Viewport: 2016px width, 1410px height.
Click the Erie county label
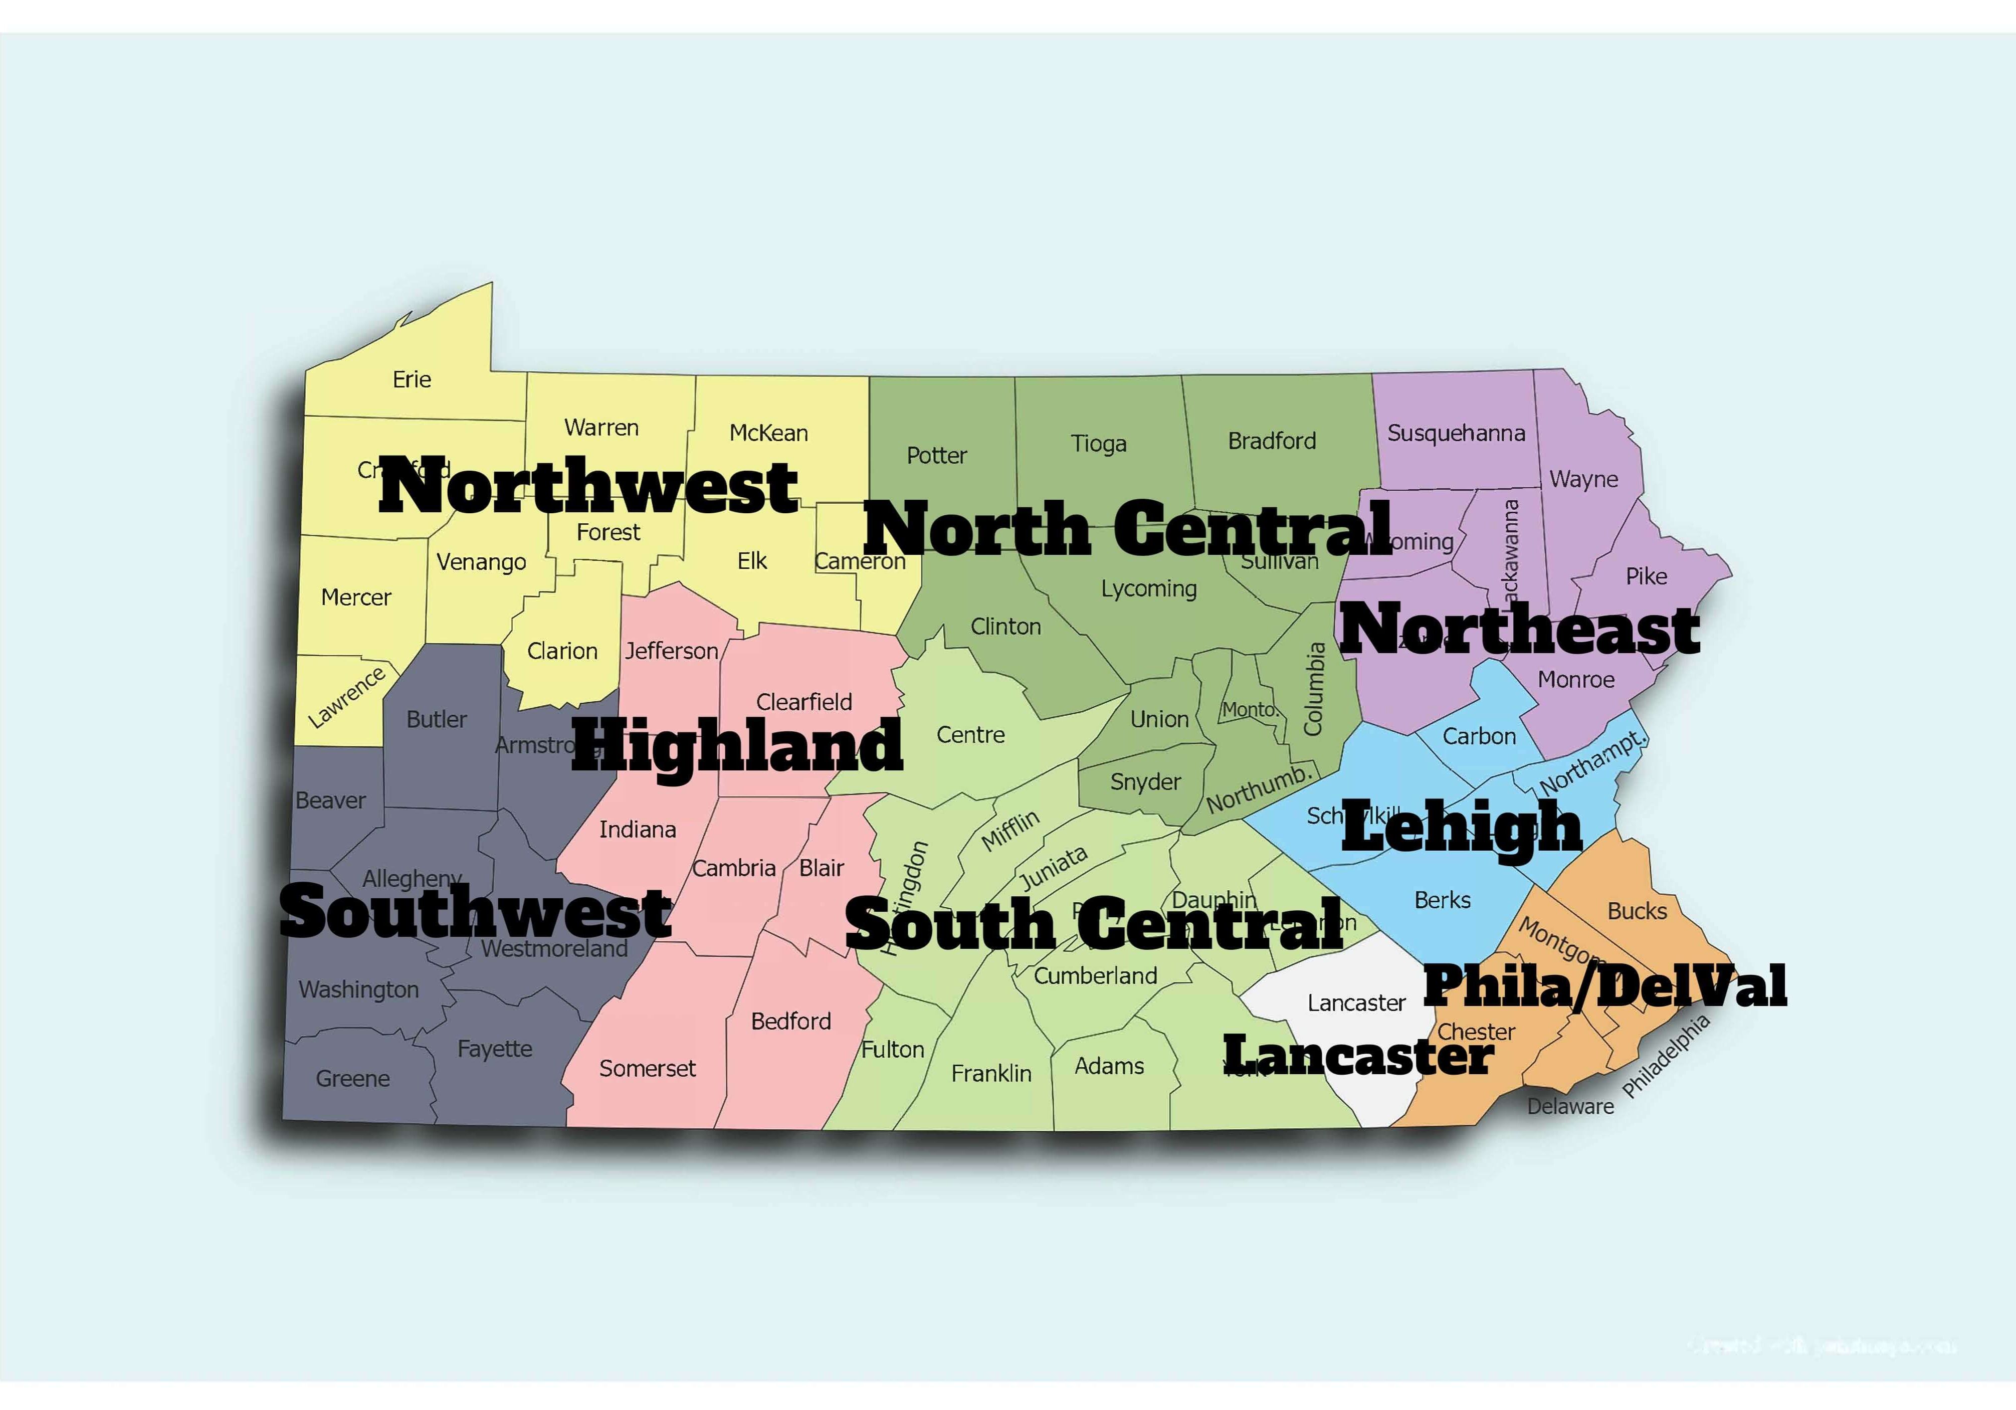pos(412,379)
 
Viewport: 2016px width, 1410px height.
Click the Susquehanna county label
pos(1456,433)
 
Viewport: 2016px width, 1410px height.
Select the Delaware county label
pos(1570,1106)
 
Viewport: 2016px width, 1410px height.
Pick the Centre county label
pos(970,735)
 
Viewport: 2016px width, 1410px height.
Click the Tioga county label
pos(1098,444)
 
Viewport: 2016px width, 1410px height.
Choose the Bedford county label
pos(790,1021)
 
